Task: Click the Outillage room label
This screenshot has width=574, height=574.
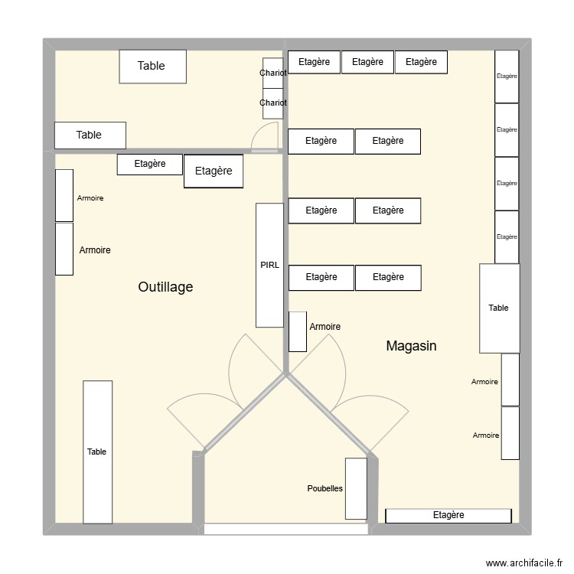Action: point(165,287)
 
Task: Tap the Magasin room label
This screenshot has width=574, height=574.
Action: point(411,346)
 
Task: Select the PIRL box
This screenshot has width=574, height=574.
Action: point(269,265)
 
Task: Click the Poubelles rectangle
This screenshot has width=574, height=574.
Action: point(356,488)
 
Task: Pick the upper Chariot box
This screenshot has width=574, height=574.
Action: point(273,73)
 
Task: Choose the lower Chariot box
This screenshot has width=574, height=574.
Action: point(273,103)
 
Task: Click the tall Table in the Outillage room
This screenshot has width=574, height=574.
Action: point(97,452)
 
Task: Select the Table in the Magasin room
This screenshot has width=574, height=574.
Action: point(499,308)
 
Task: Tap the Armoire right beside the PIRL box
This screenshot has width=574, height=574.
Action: point(298,331)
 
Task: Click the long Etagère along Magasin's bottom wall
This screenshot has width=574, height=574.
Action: point(448,516)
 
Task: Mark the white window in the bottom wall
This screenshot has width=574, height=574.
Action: point(285,529)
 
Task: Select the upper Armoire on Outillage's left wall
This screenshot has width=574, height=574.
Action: point(64,196)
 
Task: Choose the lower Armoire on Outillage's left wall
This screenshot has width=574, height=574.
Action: point(64,249)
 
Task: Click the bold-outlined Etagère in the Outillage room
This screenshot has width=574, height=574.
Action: point(213,171)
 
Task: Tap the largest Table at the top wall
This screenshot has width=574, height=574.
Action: point(152,67)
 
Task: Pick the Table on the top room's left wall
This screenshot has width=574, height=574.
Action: point(89,135)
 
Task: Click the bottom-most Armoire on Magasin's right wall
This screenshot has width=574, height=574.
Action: point(510,433)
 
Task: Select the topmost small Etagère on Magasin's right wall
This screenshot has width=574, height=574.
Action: point(507,77)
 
